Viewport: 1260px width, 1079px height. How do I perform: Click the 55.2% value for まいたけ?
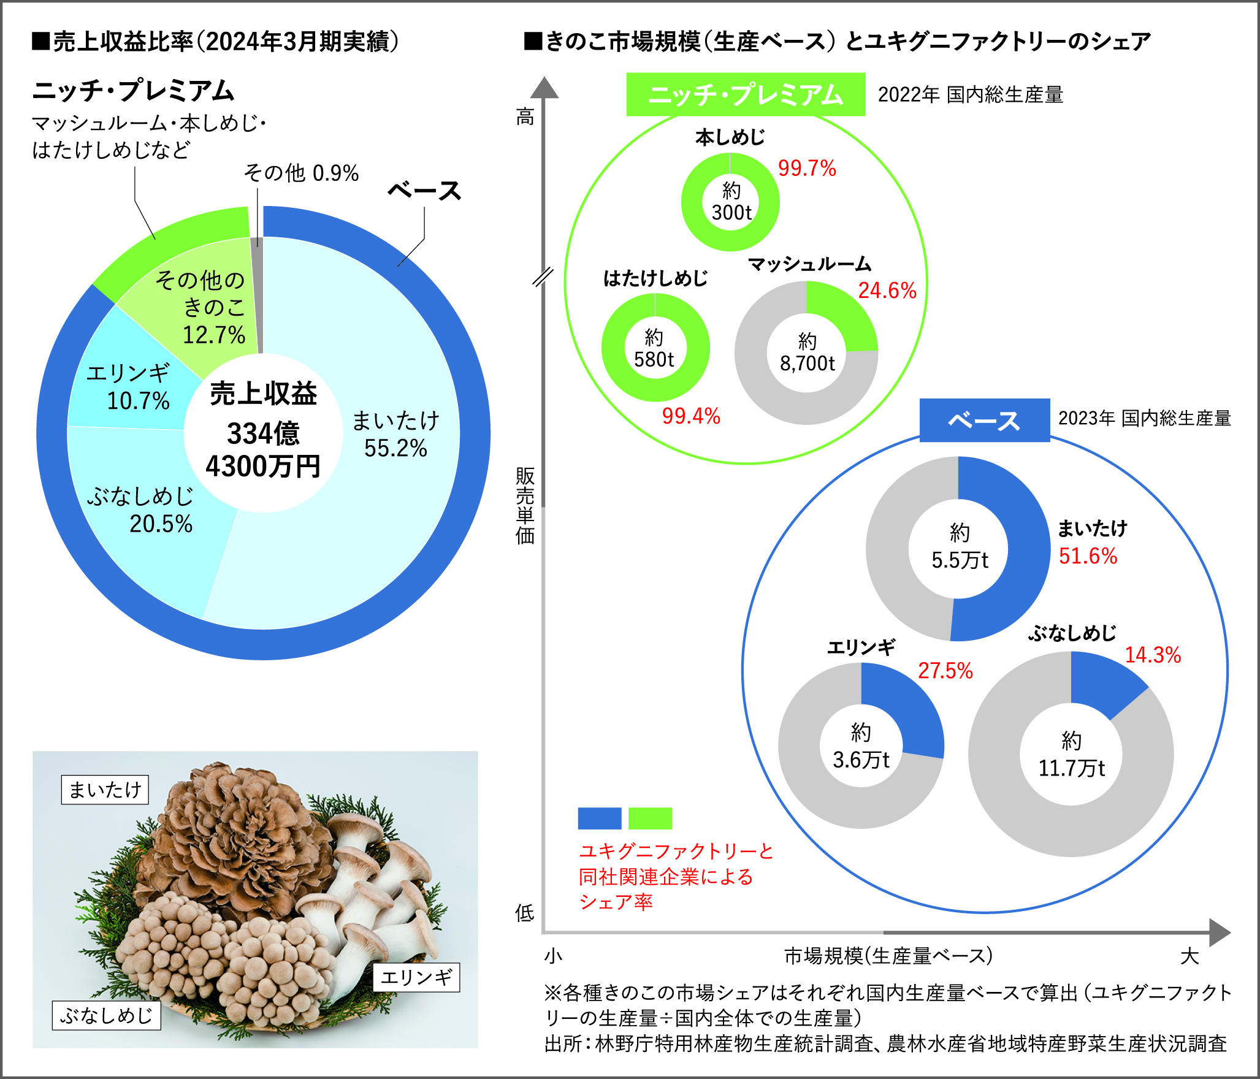(x=395, y=449)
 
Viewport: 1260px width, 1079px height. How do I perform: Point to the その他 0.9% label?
(x=301, y=173)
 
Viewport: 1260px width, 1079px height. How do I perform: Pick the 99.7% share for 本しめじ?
(x=807, y=169)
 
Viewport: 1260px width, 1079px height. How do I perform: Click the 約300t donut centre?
(x=730, y=202)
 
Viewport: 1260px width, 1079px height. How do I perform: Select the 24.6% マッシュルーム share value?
(x=887, y=291)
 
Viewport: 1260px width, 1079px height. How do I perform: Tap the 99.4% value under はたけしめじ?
(x=691, y=416)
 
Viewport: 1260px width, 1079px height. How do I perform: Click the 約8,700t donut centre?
(x=807, y=353)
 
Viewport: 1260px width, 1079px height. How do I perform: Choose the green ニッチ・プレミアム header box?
(x=746, y=95)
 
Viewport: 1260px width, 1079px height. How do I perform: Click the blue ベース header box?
(x=984, y=421)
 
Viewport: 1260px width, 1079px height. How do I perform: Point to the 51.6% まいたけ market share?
(x=1088, y=556)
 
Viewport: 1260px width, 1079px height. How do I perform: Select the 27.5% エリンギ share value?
(x=945, y=671)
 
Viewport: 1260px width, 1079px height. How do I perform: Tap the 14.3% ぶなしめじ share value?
(x=1153, y=655)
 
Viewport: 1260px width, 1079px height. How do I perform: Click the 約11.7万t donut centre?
(x=1071, y=755)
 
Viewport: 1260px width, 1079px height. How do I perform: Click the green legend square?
(x=650, y=818)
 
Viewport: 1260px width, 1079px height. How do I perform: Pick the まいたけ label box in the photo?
(x=105, y=790)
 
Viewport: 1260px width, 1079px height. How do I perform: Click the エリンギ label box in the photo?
(x=416, y=977)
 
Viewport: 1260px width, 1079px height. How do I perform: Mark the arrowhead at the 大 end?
(x=1219, y=932)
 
